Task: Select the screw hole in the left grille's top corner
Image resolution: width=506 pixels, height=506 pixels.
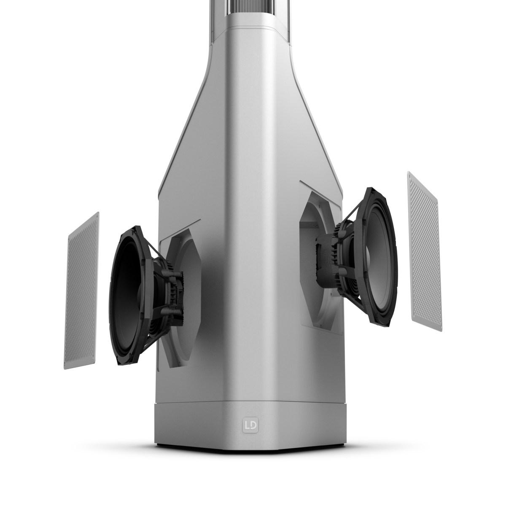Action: point(97,216)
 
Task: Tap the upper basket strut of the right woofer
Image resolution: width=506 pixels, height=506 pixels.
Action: point(353,211)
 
